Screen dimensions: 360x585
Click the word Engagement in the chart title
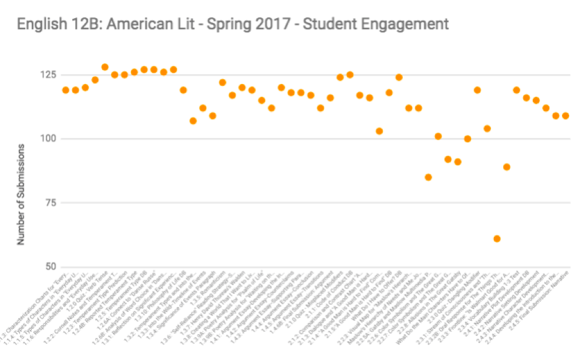[x=406, y=24]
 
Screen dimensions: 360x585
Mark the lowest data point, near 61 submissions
[x=497, y=238]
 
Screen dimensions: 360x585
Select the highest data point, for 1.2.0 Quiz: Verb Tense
[x=105, y=67]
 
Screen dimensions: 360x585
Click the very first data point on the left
[x=65, y=90]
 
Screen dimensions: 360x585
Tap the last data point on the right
[x=566, y=116]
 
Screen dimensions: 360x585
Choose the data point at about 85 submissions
[x=428, y=177]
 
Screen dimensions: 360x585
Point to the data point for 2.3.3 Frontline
[x=506, y=167]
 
